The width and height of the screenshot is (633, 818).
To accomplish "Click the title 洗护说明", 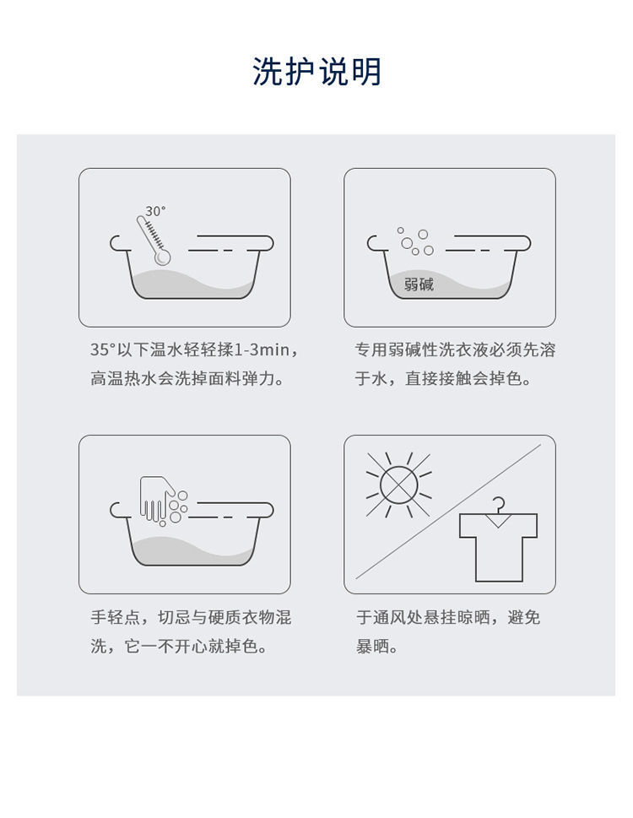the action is coord(316,72).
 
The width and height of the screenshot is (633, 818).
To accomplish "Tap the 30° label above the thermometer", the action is coord(155,211).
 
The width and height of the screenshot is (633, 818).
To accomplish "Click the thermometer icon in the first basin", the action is coord(154,240).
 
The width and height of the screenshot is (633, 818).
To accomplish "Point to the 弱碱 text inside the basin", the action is coord(419,284).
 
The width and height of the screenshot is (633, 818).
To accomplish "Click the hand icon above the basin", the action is coord(156,499).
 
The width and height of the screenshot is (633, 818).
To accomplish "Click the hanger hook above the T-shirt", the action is coord(499,504).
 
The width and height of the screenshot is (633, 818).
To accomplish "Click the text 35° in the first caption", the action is coord(102,349).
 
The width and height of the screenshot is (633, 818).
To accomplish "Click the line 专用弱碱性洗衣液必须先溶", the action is coord(455,349).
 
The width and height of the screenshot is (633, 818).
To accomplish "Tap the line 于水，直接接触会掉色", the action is coord(443,378).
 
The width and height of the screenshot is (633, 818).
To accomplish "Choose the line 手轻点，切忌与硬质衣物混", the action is coord(191,617).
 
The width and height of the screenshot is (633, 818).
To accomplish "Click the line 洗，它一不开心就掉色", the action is coord(178,647).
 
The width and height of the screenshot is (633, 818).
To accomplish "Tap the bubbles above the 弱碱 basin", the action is coord(415,241).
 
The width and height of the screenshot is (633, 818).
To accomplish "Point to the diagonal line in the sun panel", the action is coord(448,512).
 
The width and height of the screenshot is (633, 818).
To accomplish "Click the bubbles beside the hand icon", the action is coord(178,507).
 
